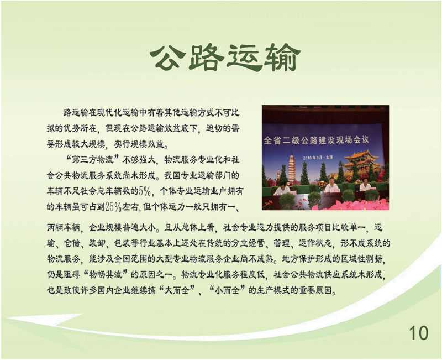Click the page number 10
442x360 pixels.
click(419, 333)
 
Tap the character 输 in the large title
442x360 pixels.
click(282, 58)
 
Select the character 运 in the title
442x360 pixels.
click(245, 58)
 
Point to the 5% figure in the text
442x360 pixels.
click(145, 191)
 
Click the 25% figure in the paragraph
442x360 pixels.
click(113, 207)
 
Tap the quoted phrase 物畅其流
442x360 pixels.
click(106, 274)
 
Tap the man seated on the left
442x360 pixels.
click(281, 189)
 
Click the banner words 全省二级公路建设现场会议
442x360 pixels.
click(316, 140)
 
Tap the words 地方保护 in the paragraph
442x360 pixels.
click(299, 259)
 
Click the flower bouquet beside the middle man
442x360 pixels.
click(321, 185)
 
